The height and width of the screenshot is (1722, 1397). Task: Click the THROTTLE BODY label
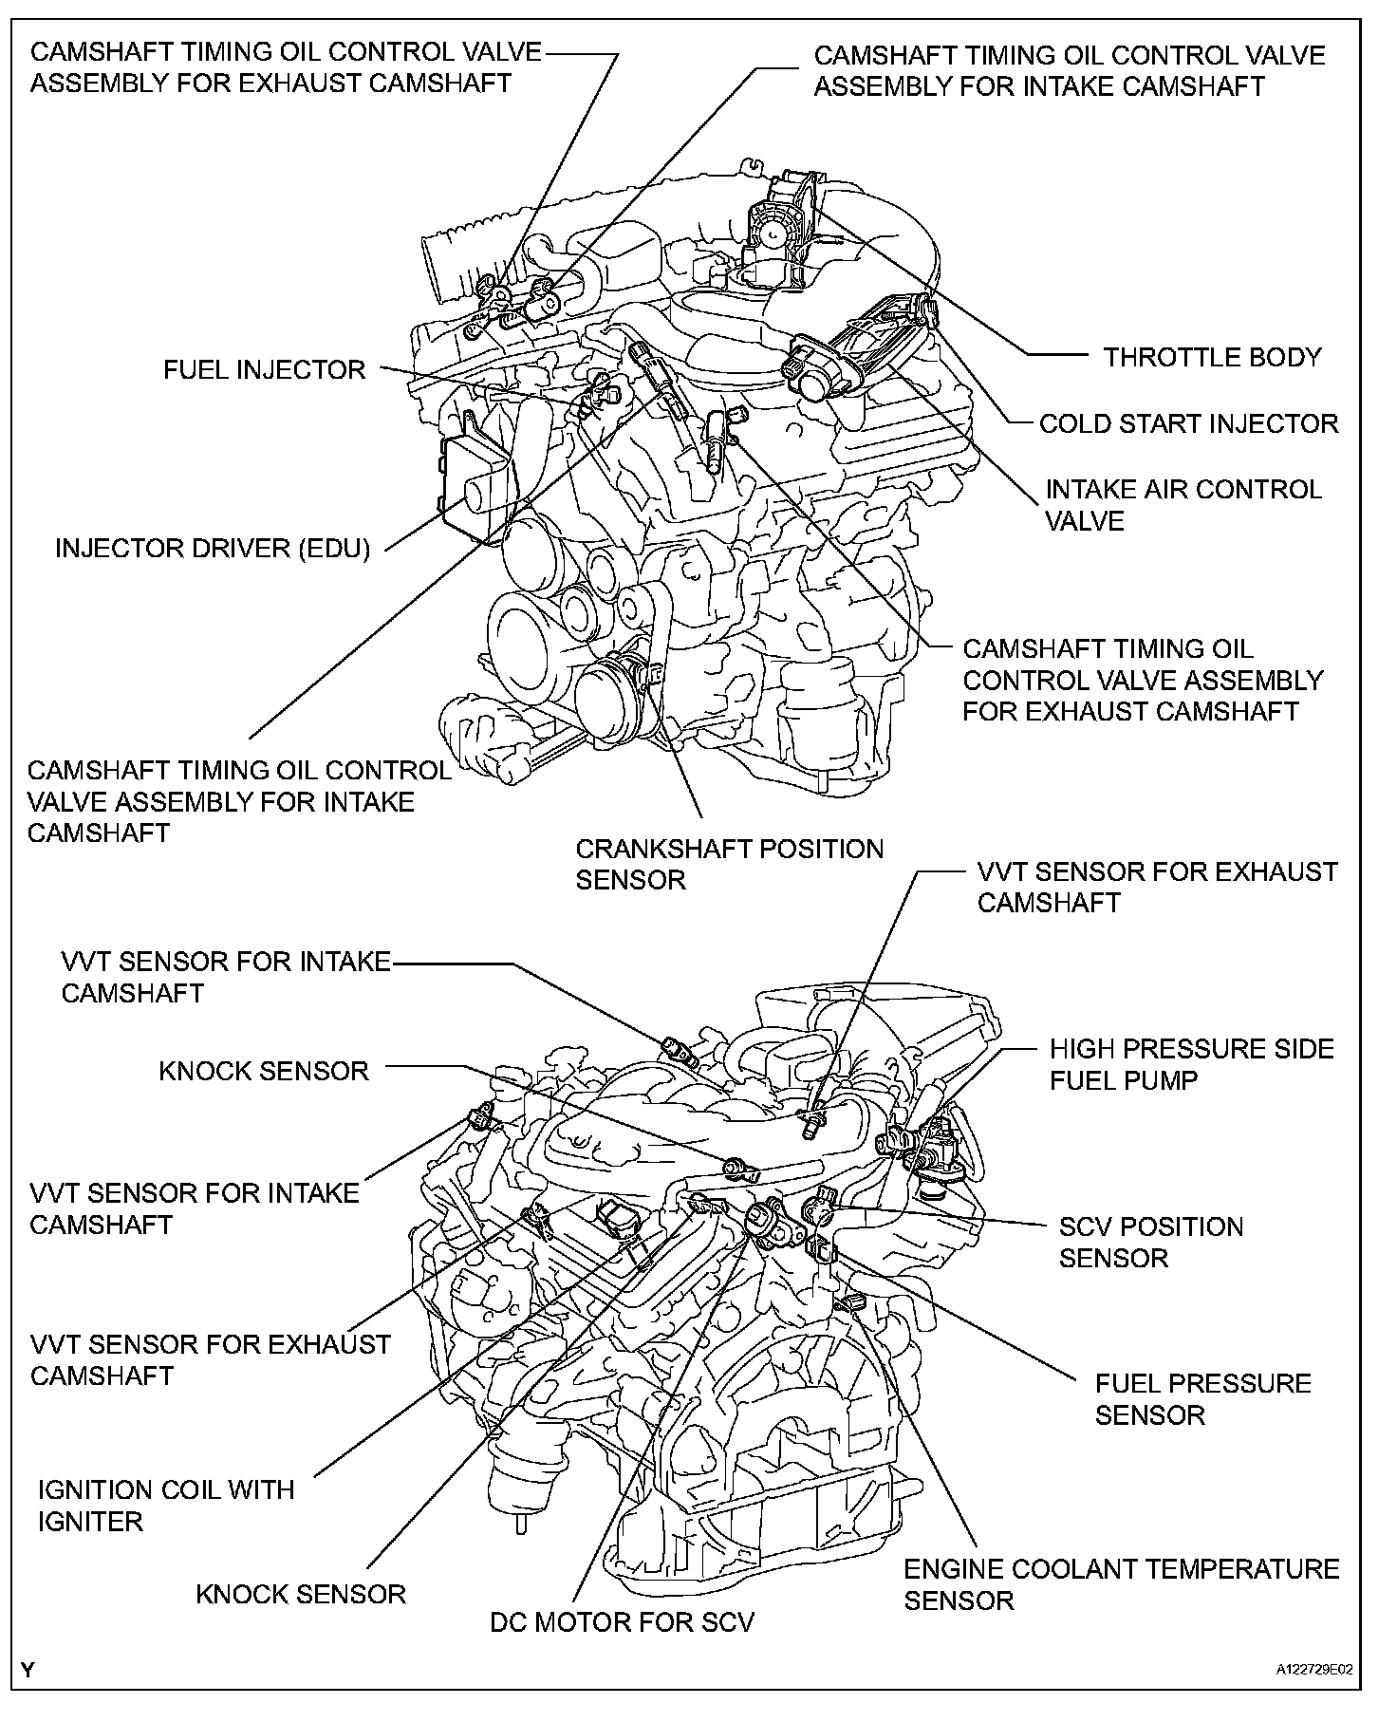tap(1212, 358)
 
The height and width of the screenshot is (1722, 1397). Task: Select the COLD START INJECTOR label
tap(1188, 423)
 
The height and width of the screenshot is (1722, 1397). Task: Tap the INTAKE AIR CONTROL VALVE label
tap(1183, 505)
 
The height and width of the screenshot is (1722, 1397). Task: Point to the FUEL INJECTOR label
tap(264, 369)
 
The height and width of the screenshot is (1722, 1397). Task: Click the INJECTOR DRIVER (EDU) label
tap(213, 549)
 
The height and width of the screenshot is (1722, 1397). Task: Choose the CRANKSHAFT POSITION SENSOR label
tap(729, 864)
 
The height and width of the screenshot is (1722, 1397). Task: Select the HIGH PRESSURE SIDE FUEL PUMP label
tap(1191, 1064)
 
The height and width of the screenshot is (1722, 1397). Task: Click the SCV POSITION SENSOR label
tap(1150, 1242)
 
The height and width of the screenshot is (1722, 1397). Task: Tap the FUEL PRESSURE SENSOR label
tap(1202, 1398)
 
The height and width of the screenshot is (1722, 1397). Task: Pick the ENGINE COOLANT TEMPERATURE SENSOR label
tap(1121, 1584)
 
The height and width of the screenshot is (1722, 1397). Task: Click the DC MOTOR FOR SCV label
tap(622, 1621)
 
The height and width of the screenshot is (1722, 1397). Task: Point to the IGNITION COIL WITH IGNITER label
tap(166, 1505)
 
